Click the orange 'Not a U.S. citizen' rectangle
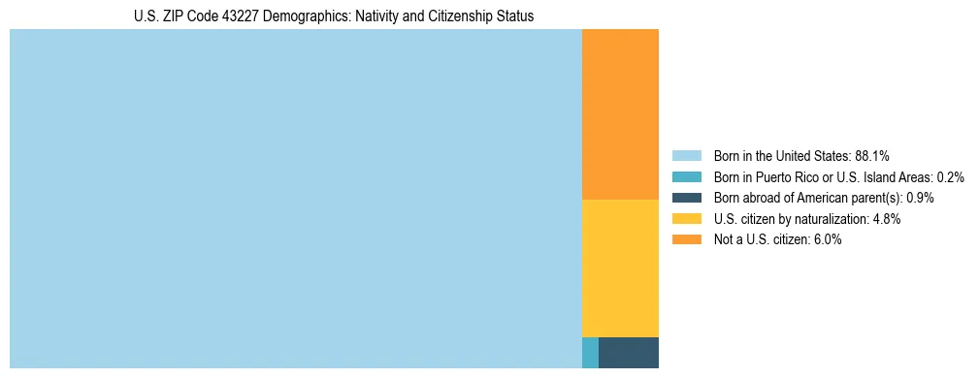coord(620,114)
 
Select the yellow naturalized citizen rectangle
coord(620,268)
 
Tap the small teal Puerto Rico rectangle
coord(590,353)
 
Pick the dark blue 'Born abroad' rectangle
coord(629,353)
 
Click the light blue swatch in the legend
coord(686,155)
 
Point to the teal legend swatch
coord(686,176)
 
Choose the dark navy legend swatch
coord(686,198)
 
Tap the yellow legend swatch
coord(686,219)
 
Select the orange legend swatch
coord(686,240)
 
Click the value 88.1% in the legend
coord(872,155)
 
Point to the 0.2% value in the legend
coord(951,176)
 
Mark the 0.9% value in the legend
coord(920,198)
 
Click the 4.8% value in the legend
coord(887,219)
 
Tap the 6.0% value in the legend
coord(827,240)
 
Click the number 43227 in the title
coord(243,16)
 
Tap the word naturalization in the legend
coord(833,219)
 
